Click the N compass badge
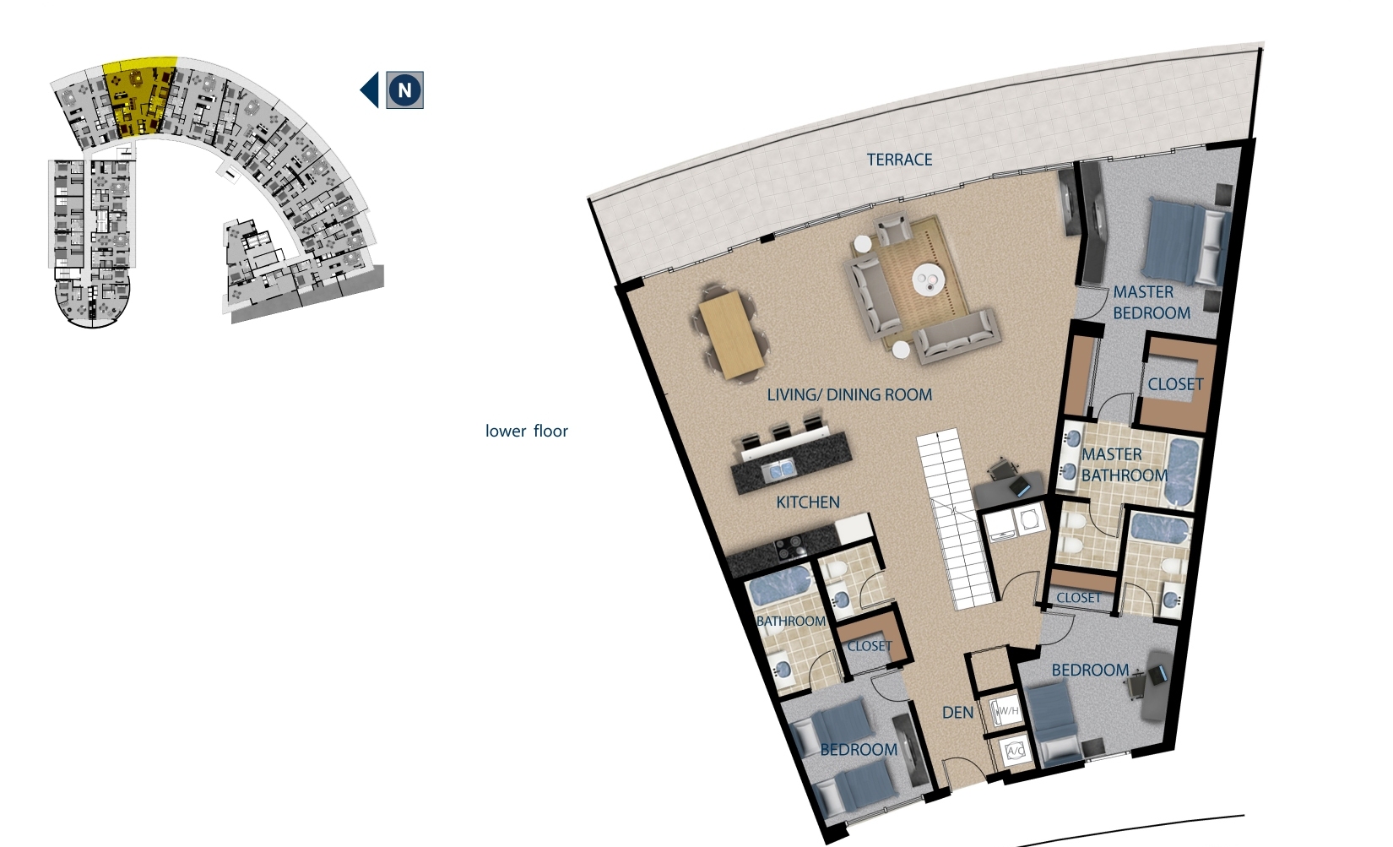coord(405,90)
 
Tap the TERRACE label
coord(899,160)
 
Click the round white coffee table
coord(929,280)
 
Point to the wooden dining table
coord(731,334)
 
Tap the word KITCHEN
coord(808,502)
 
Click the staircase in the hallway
coord(957,519)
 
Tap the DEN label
coord(957,713)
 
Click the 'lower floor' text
coord(526,431)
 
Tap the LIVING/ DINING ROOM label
coord(849,394)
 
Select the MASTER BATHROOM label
coord(1124,464)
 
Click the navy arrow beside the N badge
coord(370,90)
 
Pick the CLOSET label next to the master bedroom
coord(1174,384)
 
